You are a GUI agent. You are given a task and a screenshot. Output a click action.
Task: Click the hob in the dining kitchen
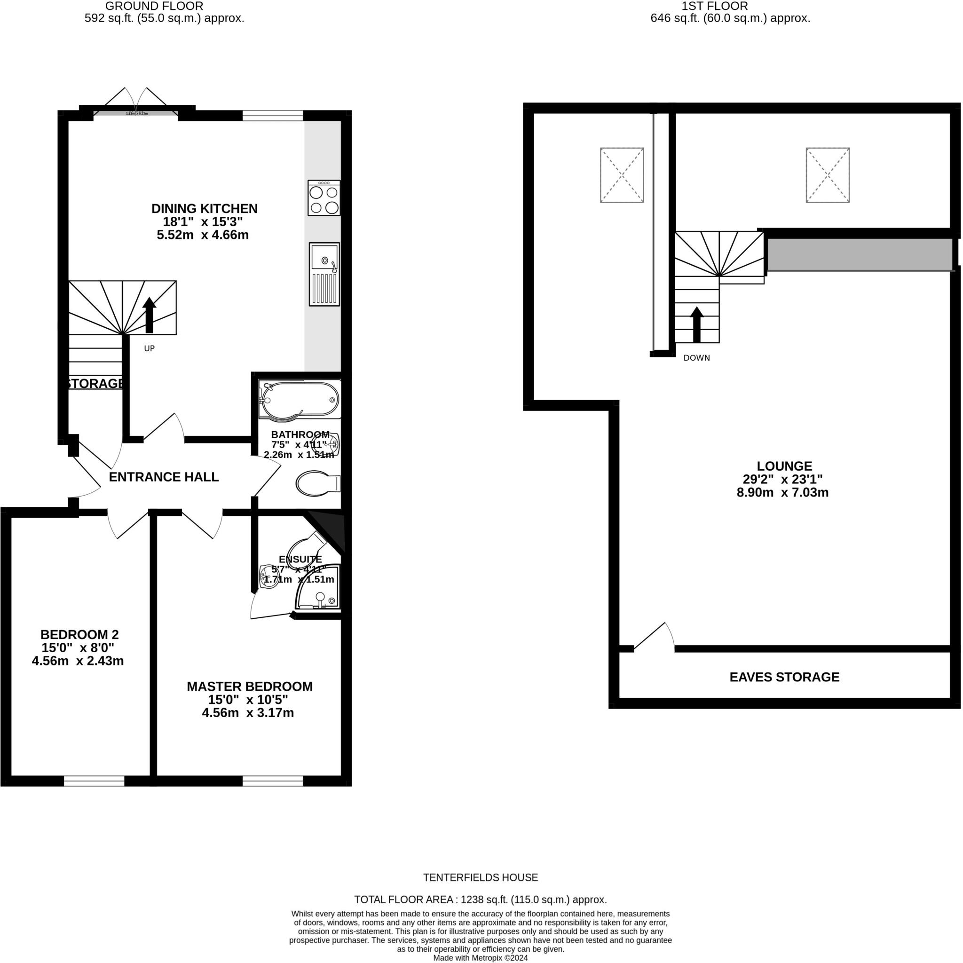coord(324,198)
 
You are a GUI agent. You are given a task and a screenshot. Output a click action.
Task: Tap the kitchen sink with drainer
coord(324,274)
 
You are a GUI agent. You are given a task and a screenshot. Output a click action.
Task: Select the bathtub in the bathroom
coord(300,399)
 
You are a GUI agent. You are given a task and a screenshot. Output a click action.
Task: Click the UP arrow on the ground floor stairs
coord(150,315)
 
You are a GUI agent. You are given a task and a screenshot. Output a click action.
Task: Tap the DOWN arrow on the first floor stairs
coord(696,324)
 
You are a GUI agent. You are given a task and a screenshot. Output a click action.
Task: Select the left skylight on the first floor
coord(622,175)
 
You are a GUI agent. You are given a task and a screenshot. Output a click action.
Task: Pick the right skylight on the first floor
coord(828,175)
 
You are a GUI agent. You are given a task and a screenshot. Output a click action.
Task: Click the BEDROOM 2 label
coord(79,634)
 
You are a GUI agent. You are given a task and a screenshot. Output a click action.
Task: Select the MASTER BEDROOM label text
coord(250,687)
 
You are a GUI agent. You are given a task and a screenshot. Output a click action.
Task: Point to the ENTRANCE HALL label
coord(164,477)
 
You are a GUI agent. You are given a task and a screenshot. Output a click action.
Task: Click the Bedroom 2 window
coord(94,781)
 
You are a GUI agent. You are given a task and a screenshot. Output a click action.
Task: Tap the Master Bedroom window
coord(273,781)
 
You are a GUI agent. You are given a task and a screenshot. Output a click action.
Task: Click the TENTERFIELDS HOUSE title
coord(481,878)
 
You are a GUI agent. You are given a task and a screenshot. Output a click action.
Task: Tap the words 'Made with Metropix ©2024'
coord(481,958)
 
